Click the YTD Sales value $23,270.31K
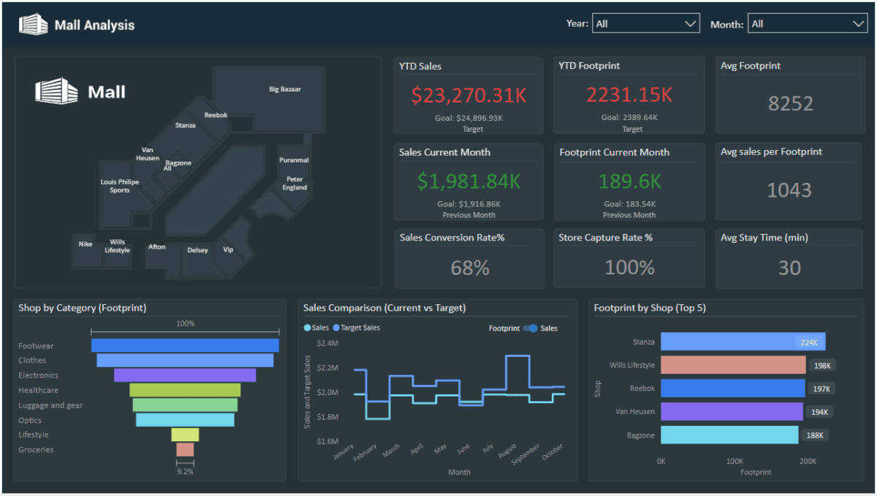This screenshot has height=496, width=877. point(468,95)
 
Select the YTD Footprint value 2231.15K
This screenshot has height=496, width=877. point(629,95)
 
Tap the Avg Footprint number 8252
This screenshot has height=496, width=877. point(790,103)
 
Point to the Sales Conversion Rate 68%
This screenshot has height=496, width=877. point(470,268)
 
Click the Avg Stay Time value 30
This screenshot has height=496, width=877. point(789,268)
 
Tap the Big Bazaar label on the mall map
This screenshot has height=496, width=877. point(285,89)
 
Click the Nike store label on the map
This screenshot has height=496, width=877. point(86,244)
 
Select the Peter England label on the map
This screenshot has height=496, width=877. point(295,183)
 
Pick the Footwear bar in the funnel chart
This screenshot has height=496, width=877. point(185,345)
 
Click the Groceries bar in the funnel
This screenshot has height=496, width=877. point(185,449)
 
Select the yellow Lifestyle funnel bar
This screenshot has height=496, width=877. point(185,435)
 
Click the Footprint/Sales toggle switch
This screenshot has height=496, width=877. point(531,328)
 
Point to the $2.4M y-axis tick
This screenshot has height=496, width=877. point(327,343)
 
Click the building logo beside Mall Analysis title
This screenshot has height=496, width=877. point(33,24)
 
